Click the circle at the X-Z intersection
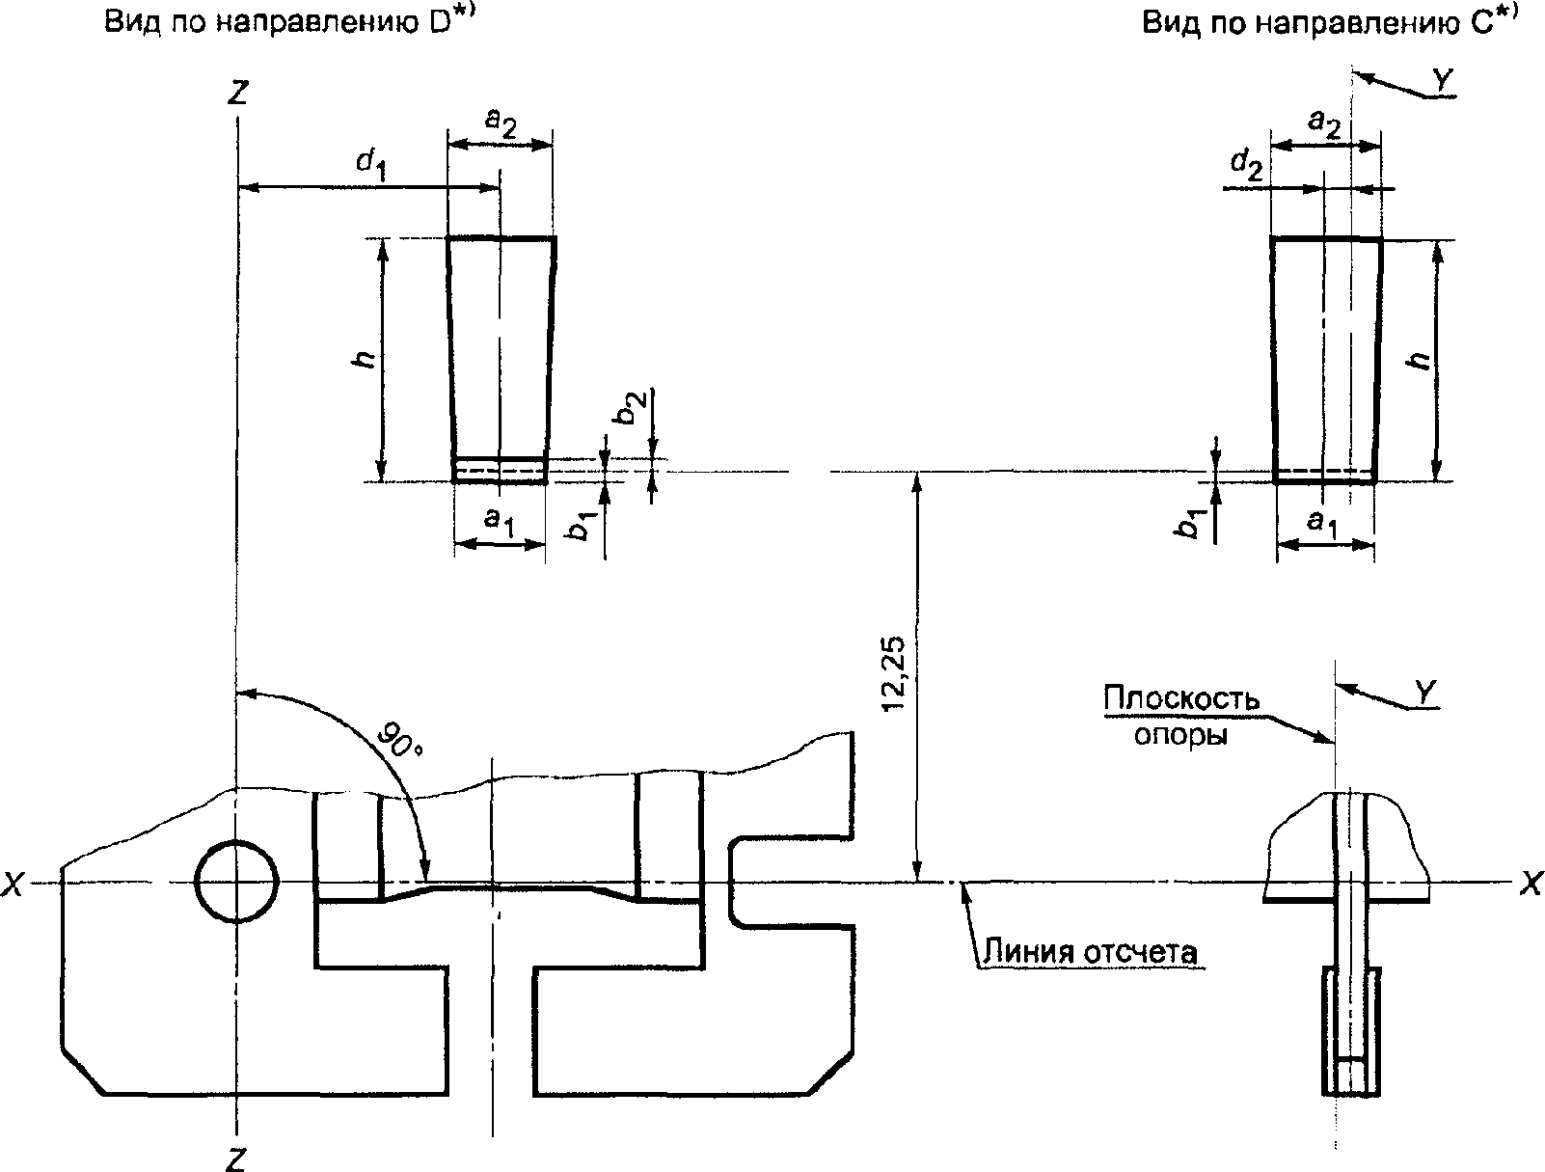(236, 881)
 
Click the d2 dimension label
(1247, 166)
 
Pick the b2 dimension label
(630, 408)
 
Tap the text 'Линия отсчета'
(1090, 952)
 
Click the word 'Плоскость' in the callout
(1181, 699)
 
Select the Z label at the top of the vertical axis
(238, 93)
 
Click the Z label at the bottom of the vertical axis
(235, 1158)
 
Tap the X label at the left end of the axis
(13, 885)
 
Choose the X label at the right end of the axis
(1531, 884)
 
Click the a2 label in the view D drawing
(501, 123)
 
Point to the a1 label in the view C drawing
(1322, 522)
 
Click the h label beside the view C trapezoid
(1421, 360)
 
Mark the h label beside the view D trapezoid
(365, 359)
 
